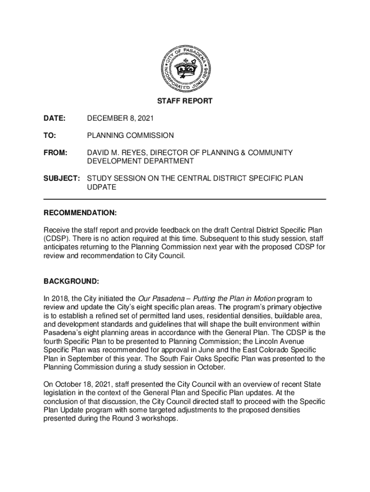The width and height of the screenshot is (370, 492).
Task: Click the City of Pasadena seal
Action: click(185, 69)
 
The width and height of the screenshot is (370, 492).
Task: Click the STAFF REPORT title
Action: click(185, 101)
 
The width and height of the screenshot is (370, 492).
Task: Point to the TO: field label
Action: click(50, 135)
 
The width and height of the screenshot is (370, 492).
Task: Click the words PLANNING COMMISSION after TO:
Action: click(130, 135)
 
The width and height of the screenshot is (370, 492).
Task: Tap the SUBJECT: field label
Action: click(62, 179)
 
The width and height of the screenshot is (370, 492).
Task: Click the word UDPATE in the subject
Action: click(101, 187)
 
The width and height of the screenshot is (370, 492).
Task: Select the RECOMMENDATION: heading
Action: click(80, 212)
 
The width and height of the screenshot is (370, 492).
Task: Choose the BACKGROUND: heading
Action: click(72, 281)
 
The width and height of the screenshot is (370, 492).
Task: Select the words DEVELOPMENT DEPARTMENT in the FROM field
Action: click(140, 161)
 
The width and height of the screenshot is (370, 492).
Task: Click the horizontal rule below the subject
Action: click(185, 199)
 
